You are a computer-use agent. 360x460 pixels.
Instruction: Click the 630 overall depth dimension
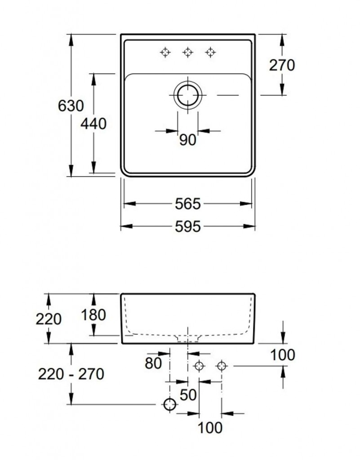71,106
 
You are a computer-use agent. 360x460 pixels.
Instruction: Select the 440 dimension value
93,124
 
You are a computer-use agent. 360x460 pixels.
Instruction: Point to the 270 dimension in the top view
282,65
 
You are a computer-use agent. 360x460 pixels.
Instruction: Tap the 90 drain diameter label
187,141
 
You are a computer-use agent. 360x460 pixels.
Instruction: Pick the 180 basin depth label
93,315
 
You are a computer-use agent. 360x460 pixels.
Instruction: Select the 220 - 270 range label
71,374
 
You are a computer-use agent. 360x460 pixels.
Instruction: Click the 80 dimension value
153,363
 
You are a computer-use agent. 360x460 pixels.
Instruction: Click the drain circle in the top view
187,95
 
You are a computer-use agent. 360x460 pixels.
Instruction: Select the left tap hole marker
165,53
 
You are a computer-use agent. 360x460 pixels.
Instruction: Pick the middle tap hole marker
187,53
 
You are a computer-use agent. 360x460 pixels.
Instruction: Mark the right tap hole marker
210,53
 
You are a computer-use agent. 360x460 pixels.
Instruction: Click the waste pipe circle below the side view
169,404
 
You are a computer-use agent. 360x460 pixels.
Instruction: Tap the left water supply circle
199,366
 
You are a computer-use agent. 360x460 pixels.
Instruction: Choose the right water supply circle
221,366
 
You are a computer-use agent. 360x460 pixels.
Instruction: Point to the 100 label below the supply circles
210,428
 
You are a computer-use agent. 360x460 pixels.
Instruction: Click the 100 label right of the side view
283,355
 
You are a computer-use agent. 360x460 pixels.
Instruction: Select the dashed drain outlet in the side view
187,337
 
